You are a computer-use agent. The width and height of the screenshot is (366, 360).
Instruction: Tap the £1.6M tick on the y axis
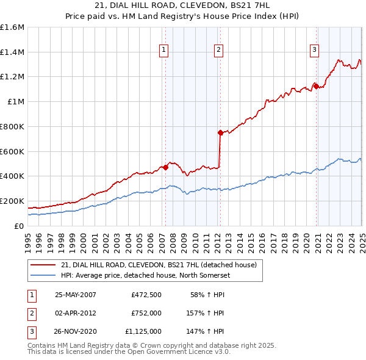(x=12, y=27)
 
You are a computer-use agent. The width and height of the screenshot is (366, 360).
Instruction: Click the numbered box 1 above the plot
(x=165, y=51)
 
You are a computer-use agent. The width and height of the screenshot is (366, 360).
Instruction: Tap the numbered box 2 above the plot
(x=218, y=51)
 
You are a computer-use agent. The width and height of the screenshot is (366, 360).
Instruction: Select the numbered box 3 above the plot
(x=314, y=51)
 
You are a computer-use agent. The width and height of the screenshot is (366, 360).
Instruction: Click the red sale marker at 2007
(x=165, y=167)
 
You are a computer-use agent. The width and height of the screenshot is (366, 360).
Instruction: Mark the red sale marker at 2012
(x=220, y=132)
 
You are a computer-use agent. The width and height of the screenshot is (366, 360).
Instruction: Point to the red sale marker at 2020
(x=316, y=86)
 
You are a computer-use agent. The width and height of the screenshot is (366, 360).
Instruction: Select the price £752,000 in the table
(x=146, y=313)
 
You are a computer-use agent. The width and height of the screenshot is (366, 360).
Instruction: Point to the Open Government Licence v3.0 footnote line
(x=129, y=352)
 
